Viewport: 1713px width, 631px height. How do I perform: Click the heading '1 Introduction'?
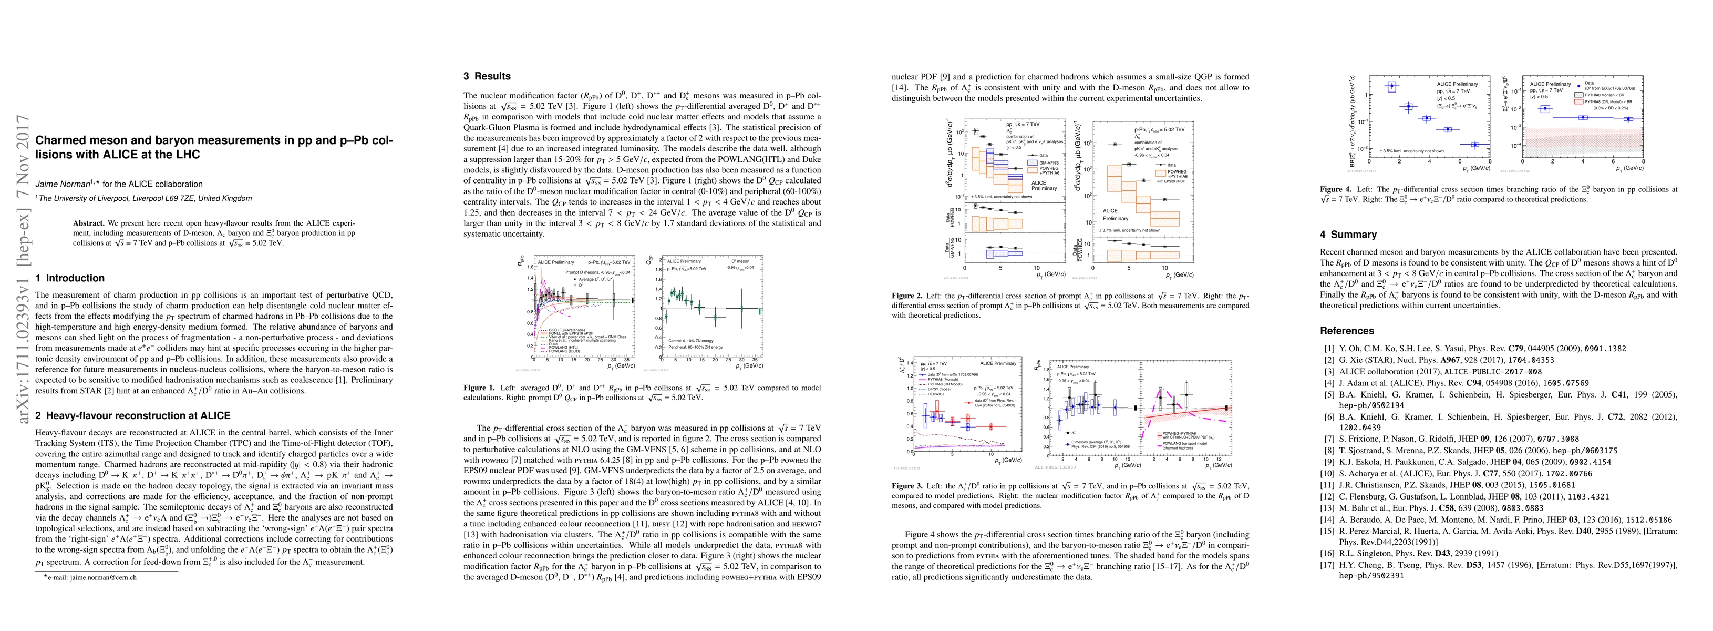[70, 278]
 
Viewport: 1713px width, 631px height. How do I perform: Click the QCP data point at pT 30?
[743, 308]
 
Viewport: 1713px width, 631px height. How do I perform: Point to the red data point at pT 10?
[991, 426]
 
